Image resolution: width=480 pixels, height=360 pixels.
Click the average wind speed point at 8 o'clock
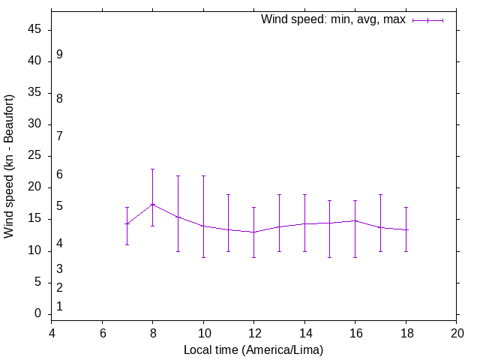153,204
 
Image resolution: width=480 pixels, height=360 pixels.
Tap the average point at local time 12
254,232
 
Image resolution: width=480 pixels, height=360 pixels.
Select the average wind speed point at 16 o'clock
355,220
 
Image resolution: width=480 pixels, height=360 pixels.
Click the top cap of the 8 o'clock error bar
153,169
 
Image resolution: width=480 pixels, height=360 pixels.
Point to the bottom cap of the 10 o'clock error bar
203,257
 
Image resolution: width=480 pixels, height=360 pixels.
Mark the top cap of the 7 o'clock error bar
127,207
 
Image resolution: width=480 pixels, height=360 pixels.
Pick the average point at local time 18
406,229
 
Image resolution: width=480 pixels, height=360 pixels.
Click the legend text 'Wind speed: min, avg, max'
333,20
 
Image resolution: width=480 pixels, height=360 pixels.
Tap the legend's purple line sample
427,20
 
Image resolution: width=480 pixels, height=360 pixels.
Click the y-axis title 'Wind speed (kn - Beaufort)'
10,166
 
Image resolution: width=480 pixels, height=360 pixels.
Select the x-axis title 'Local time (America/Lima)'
253,349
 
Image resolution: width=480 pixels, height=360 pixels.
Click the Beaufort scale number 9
59,55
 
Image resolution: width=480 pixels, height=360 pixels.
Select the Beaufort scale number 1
59,306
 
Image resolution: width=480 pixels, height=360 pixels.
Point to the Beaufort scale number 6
59,175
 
